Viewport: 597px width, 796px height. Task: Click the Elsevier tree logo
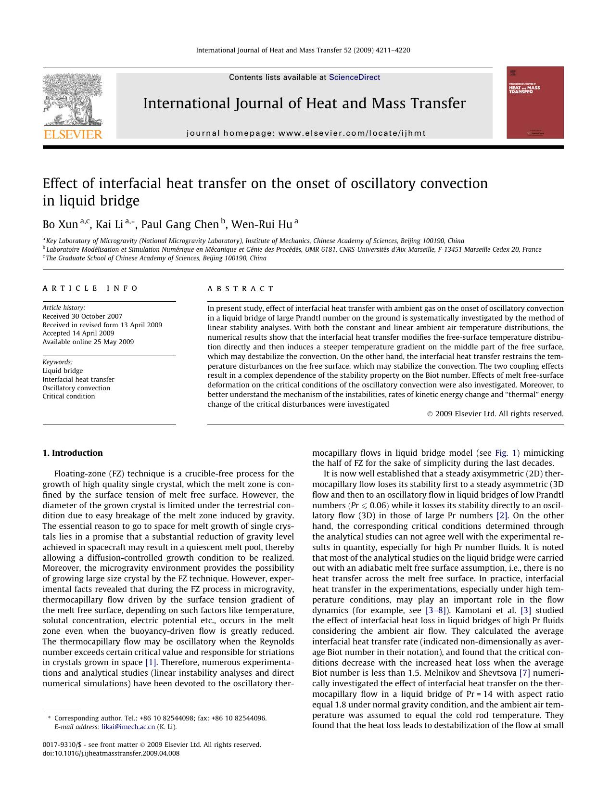click(73, 100)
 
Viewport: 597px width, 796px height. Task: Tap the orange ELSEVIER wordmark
click(73, 134)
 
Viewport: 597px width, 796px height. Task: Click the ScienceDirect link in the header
click(354, 77)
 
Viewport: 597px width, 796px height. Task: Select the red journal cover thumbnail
click(534, 103)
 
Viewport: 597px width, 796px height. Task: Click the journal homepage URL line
click(306, 133)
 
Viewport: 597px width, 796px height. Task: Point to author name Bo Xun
click(60, 225)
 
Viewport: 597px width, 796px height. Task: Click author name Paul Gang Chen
click(179, 225)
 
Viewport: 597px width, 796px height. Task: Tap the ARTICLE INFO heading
click(90, 288)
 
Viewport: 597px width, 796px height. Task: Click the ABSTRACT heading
click(241, 289)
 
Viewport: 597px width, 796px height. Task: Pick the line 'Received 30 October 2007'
click(82, 316)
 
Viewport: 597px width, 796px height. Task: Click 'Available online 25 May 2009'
click(88, 342)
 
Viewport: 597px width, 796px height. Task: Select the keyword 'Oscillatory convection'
click(76, 388)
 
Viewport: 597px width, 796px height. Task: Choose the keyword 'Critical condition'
click(69, 396)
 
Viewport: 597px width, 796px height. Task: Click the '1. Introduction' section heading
click(73, 453)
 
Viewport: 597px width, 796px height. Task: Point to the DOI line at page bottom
click(111, 753)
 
